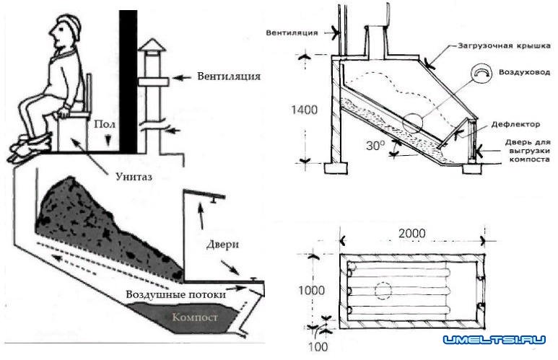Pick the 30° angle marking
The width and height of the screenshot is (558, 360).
[x=375, y=145]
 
